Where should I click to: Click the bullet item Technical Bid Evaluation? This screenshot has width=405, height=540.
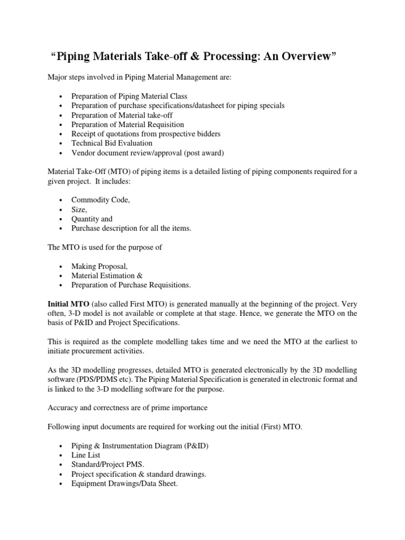(x=112, y=143)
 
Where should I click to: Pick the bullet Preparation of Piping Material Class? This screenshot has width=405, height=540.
(x=129, y=96)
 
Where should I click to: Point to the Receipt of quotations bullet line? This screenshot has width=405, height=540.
(x=146, y=133)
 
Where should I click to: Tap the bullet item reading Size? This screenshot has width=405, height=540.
(x=80, y=209)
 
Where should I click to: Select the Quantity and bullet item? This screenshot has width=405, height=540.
(x=92, y=219)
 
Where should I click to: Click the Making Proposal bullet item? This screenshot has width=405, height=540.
(x=100, y=266)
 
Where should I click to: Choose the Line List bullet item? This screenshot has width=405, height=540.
(x=86, y=455)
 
